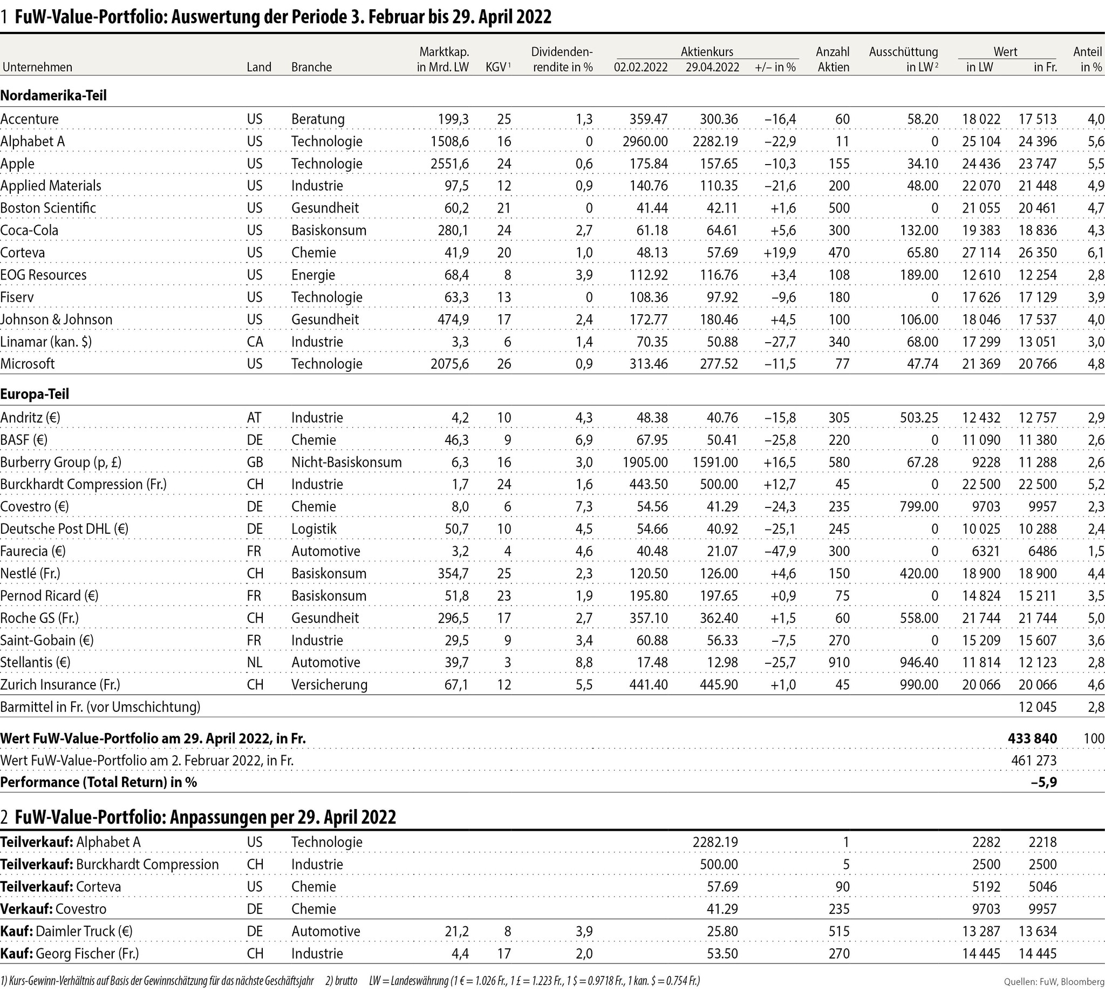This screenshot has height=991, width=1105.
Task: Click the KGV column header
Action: pos(497,67)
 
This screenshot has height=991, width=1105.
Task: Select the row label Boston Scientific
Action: pos(48,208)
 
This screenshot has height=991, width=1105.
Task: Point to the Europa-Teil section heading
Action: pos(35,393)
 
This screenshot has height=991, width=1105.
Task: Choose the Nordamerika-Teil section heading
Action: pos(53,96)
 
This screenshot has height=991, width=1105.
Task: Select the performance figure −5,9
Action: pos(1043,782)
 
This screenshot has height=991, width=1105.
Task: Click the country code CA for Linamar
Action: pos(255,342)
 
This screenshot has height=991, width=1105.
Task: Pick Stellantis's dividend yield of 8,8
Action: pos(584,663)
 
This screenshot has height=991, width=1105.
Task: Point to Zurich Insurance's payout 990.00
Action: pos(919,684)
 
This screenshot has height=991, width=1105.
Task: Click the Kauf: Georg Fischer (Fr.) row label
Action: pos(70,953)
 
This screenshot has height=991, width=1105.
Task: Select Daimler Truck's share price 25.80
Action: pos(722,931)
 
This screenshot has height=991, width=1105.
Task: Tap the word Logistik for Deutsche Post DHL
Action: pos(313,529)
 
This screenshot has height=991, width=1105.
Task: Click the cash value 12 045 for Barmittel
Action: pos(1037,707)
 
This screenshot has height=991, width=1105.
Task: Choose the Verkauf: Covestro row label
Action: pos(53,909)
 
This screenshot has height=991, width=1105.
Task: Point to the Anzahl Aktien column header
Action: pos(833,59)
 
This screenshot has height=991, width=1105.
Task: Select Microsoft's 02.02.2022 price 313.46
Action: pos(649,364)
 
